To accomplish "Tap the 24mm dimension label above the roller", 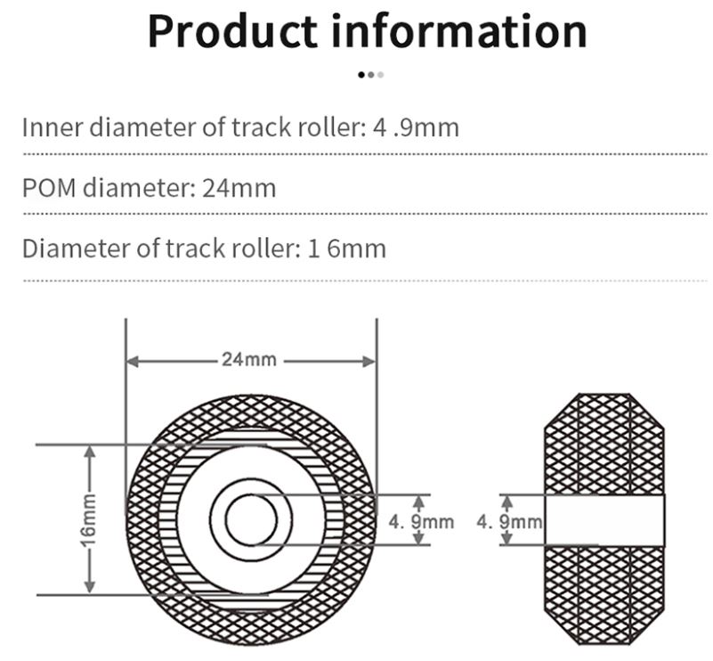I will point(249,361).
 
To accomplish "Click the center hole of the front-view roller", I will point(252,519).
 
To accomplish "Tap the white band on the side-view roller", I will point(604,519).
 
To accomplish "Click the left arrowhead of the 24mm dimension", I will point(132,361).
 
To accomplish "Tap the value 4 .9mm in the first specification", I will point(416,127).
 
